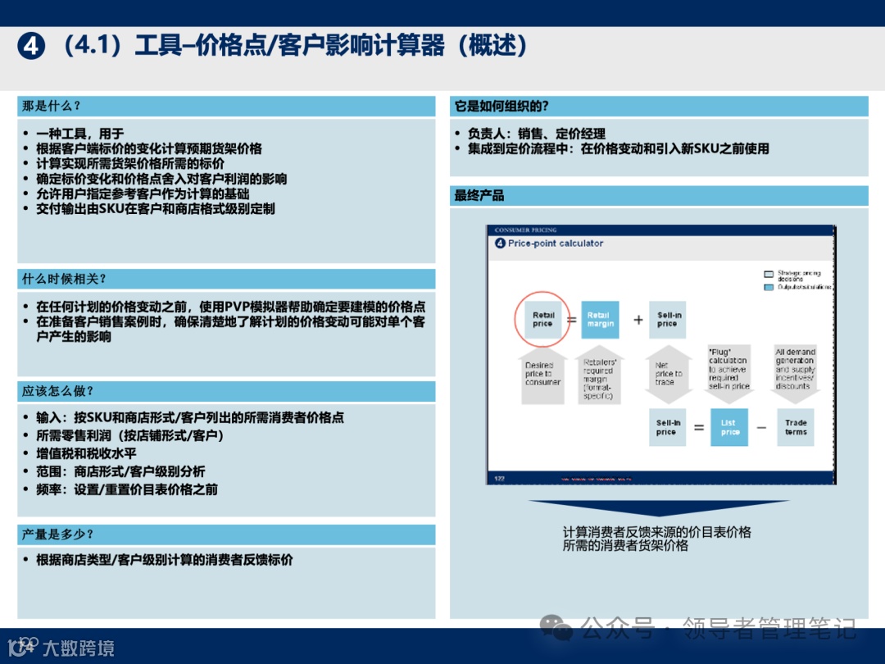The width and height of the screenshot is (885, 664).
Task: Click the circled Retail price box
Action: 542,320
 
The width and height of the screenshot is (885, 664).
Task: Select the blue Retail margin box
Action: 598,320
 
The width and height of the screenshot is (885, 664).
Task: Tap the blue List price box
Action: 729,428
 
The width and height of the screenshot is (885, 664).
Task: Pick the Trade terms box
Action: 796,427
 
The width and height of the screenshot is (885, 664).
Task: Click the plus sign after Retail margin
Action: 638,320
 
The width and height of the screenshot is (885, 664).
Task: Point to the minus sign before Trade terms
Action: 761,428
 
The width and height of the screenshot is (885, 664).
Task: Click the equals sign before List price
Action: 698,428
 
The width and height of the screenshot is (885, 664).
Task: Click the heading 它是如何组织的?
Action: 501,107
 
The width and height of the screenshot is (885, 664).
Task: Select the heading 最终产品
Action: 479,196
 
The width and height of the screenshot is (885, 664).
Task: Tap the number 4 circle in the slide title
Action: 31,47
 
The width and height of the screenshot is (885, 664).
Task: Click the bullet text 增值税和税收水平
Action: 86,453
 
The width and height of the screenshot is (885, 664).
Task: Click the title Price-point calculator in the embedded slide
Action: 555,243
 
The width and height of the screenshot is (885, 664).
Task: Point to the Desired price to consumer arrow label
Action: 542,374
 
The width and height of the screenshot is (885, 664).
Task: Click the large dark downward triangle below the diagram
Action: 658,510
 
